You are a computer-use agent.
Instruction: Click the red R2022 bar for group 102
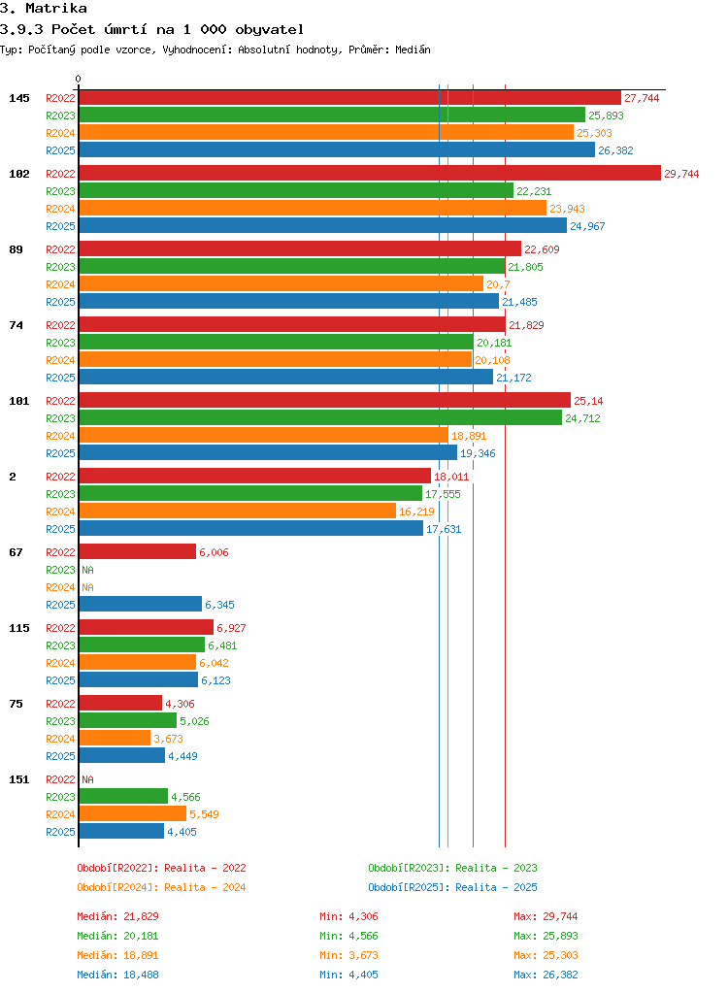tap(370, 174)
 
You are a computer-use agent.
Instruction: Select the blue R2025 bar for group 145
tap(337, 149)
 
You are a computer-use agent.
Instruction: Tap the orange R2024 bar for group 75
tap(116, 739)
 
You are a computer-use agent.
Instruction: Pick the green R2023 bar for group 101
tap(320, 418)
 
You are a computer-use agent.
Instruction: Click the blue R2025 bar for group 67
tap(141, 604)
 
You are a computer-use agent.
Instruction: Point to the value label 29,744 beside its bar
tap(681, 174)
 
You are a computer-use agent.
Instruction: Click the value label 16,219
tap(416, 512)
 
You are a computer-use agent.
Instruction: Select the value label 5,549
tap(204, 814)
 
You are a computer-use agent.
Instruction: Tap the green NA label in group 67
tap(87, 570)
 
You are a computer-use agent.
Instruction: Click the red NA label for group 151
tap(87, 780)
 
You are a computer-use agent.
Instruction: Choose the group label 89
tap(16, 249)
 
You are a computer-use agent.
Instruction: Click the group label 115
tap(19, 628)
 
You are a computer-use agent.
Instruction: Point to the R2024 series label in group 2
tap(60, 512)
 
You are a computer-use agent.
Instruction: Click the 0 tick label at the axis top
tap(78, 79)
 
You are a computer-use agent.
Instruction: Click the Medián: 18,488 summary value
tap(117, 975)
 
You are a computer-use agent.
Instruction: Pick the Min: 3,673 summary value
tap(348, 955)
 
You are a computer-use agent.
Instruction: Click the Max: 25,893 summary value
tap(546, 936)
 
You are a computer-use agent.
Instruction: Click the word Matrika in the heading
tap(55, 8)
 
